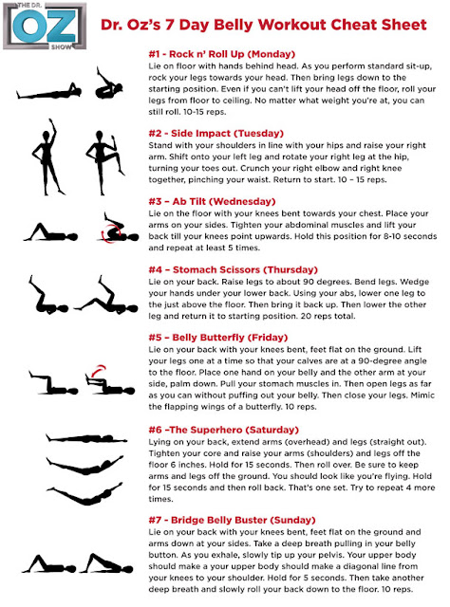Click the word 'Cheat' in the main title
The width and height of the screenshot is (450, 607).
(366, 24)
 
